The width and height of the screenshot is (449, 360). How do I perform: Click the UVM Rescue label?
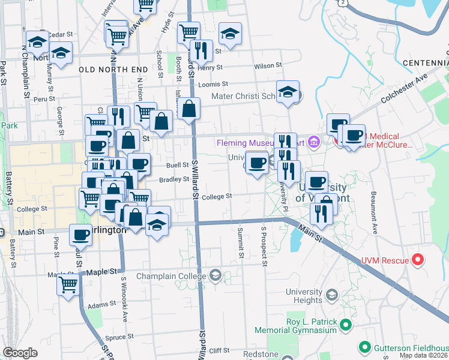[x=385, y=260]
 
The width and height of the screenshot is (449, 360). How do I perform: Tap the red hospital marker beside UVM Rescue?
[x=419, y=260]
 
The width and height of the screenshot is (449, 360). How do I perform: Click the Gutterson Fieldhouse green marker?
[x=364, y=347]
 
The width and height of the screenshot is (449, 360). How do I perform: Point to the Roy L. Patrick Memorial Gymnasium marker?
[x=345, y=326]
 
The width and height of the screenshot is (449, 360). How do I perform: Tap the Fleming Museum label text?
[x=259, y=143]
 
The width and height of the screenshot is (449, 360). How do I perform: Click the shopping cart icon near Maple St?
[x=68, y=284]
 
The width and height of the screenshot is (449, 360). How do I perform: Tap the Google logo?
[x=20, y=353]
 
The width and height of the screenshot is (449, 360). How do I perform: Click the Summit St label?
[x=241, y=243]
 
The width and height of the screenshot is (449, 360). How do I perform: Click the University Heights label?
[x=304, y=296]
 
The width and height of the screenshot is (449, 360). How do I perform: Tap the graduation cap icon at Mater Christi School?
[x=289, y=92]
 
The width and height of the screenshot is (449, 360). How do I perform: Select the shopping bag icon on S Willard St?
[x=188, y=109]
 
